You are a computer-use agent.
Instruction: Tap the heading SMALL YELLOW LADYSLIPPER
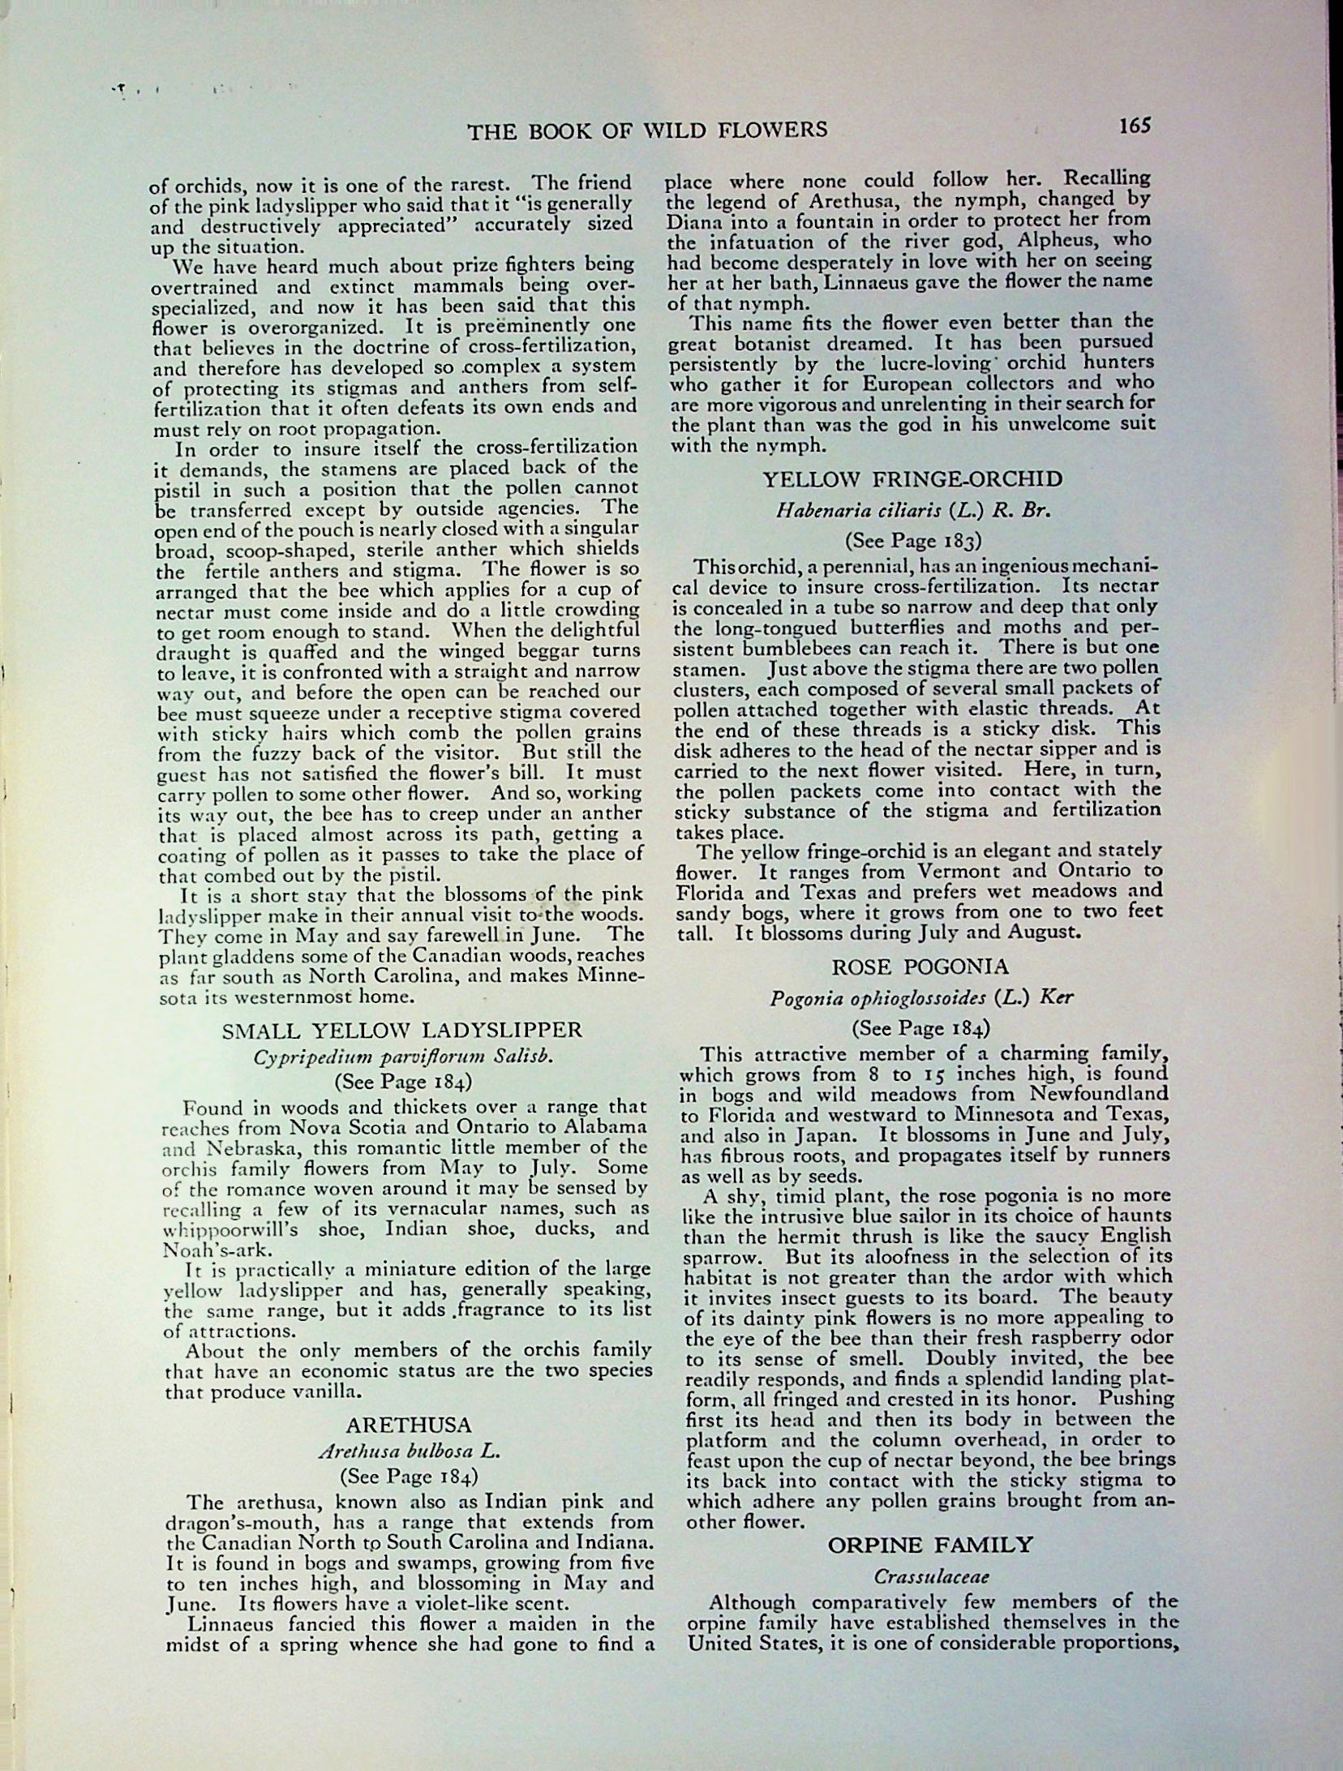403,1030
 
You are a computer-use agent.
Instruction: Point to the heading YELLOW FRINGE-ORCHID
912,478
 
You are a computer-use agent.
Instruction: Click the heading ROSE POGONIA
920,967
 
